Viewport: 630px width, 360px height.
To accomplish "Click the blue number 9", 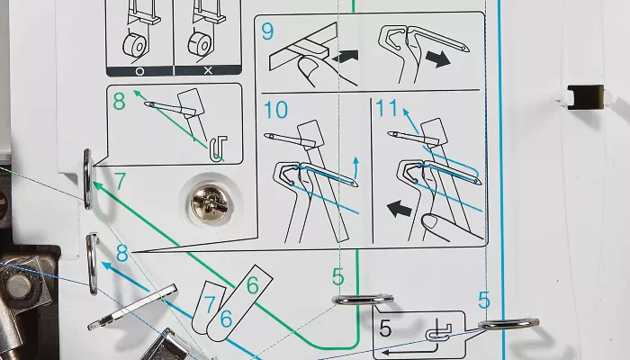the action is (x=267, y=31).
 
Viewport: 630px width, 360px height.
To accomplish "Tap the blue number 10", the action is (x=275, y=109).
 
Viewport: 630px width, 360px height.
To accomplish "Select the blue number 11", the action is (x=386, y=108).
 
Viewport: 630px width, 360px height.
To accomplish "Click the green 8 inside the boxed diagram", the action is (x=119, y=101).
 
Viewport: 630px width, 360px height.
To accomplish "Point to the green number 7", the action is (x=120, y=181).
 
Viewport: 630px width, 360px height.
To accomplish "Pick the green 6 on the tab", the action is (x=252, y=285).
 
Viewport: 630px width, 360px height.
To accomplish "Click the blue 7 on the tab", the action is (x=210, y=304).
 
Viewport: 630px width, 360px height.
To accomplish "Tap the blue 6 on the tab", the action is (x=226, y=319).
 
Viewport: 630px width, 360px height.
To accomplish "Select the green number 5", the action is (x=338, y=277).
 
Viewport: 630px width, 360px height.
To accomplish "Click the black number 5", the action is (x=385, y=328).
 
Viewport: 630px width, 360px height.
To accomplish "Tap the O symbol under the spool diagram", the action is (x=139, y=71).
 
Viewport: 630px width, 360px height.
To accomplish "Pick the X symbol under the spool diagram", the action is (x=208, y=71).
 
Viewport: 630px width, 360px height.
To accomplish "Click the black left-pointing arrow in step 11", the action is (x=400, y=209).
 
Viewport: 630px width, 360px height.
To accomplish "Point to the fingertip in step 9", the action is (x=309, y=65).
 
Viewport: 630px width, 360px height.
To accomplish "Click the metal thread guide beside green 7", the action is (x=88, y=179).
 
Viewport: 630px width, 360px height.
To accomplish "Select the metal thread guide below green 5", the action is (x=364, y=300).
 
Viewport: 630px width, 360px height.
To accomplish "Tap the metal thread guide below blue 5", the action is (x=508, y=324).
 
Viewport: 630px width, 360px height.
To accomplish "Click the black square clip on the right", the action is (x=585, y=97).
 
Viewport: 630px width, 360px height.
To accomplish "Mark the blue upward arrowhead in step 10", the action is (x=355, y=161).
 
